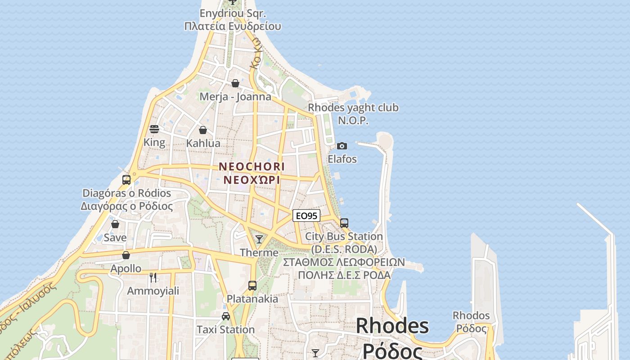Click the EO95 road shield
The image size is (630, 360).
(x=306, y=216)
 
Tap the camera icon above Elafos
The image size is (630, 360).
(x=342, y=146)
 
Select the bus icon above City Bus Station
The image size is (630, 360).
(x=344, y=223)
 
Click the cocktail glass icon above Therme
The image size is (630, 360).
(x=259, y=239)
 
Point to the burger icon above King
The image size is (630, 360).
(x=154, y=129)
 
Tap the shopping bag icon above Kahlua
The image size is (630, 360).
(x=203, y=130)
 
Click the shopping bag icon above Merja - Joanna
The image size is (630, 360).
(x=235, y=83)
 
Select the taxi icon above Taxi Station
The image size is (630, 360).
(x=226, y=316)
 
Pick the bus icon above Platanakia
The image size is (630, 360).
(x=252, y=285)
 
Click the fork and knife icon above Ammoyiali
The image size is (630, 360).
(x=153, y=277)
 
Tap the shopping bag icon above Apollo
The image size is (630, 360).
(x=126, y=255)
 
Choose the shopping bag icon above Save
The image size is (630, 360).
(x=115, y=224)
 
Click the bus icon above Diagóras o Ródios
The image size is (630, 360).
(x=126, y=180)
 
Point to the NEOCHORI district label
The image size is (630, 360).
(x=252, y=166)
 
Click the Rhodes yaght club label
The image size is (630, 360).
(x=353, y=108)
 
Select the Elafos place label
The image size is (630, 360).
(x=342, y=159)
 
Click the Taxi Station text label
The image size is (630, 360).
(x=226, y=330)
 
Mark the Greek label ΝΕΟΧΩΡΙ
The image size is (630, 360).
(x=252, y=180)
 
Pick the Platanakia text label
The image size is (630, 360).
(x=252, y=299)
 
